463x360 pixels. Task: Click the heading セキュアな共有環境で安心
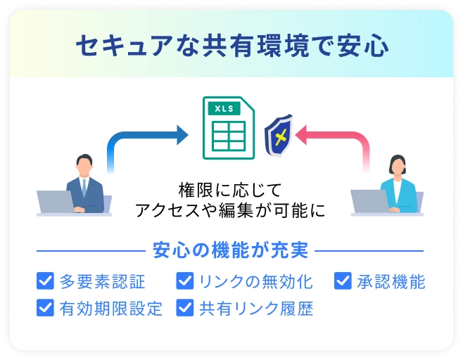tap(232, 46)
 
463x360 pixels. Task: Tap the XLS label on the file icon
tap(224, 108)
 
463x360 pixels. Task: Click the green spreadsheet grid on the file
tap(229, 136)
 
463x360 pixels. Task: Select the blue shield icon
tap(279, 136)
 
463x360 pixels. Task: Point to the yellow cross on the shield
tap(281, 137)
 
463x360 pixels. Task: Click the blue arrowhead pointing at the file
tap(182, 135)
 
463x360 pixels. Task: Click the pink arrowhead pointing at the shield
tap(301, 135)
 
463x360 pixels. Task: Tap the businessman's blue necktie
tap(84, 188)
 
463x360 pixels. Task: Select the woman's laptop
tap(370, 201)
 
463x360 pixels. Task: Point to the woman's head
tap(398, 165)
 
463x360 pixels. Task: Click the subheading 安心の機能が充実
tap(230, 250)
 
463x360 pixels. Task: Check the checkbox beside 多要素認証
tap(45, 281)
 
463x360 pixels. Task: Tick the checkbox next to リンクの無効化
tap(185, 281)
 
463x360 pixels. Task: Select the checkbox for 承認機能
tap(343, 281)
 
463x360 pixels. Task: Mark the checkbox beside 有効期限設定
tap(45, 307)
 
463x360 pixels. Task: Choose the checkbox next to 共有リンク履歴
tap(185, 307)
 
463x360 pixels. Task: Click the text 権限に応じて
tap(230, 191)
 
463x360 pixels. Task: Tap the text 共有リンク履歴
tap(256, 309)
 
